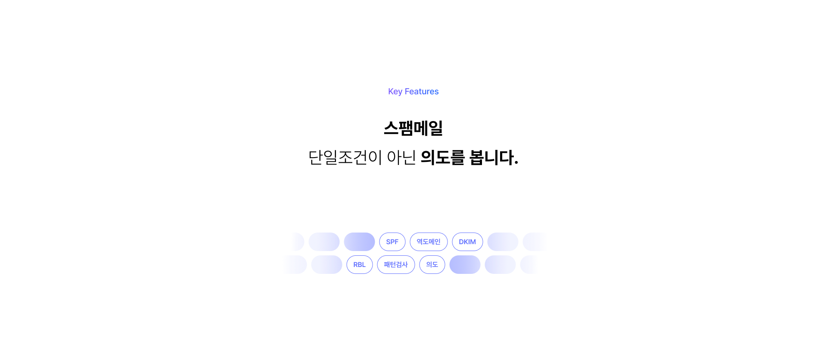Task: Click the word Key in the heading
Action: (395, 91)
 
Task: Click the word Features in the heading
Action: (421, 91)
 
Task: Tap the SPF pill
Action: (392, 242)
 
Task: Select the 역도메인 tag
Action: (429, 242)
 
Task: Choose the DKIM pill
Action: (467, 242)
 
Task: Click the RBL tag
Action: (359, 264)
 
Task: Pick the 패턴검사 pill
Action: (396, 264)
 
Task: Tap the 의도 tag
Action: (432, 264)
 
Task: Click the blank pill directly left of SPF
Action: (359, 242)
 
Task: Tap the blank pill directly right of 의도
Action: (465, 264)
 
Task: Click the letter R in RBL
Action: (355, 264)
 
